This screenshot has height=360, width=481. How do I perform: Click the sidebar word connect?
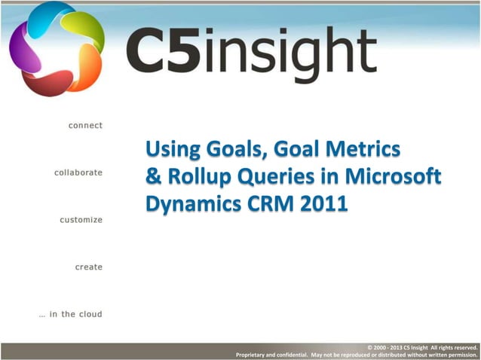tap(85, 125)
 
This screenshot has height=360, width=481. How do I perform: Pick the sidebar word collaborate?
tap(78, 172)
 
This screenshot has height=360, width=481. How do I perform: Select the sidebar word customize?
tap(81, 220)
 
